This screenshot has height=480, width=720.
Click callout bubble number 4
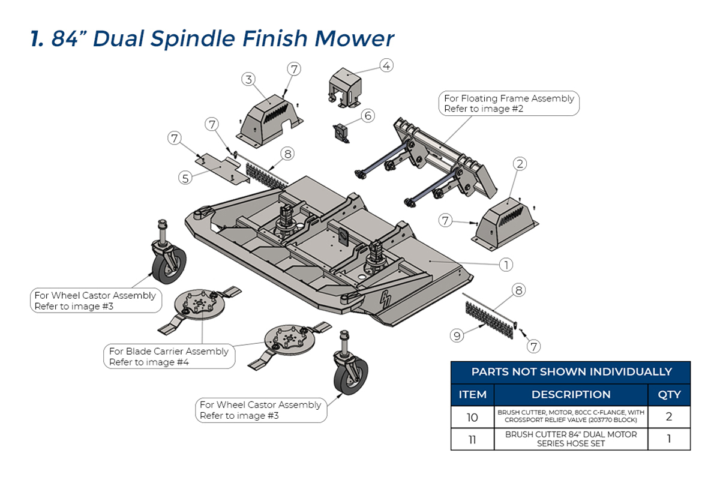[x=386, y=65]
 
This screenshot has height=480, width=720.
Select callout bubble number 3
[x=248, y=79]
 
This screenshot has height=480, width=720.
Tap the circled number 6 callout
[x=368, y=116]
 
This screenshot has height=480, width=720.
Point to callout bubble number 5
[x=185, y=178]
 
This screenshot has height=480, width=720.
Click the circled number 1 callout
[x=506, y=265]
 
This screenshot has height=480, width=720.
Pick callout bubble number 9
[x=457, y=336]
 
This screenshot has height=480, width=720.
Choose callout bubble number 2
[x=520, y=164]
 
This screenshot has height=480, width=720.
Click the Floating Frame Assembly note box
[x=509, y=103]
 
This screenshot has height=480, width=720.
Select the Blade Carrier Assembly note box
[x=169, y=356]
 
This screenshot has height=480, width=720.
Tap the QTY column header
[x=669, y=394]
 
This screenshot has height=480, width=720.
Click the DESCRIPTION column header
[x=571, y=394]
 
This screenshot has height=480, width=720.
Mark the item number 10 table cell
[x=472, y=417]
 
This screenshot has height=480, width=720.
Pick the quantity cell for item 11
[x=669, y=439]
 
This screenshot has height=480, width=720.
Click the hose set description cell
[x=571, y=439]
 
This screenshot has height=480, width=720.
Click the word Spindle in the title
[x=193, y=39]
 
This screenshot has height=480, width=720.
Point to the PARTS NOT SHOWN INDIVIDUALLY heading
[x=571, y=372]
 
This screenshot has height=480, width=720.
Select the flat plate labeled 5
[x=223, y=169]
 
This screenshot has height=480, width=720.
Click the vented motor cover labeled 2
[x=505, y=224]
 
